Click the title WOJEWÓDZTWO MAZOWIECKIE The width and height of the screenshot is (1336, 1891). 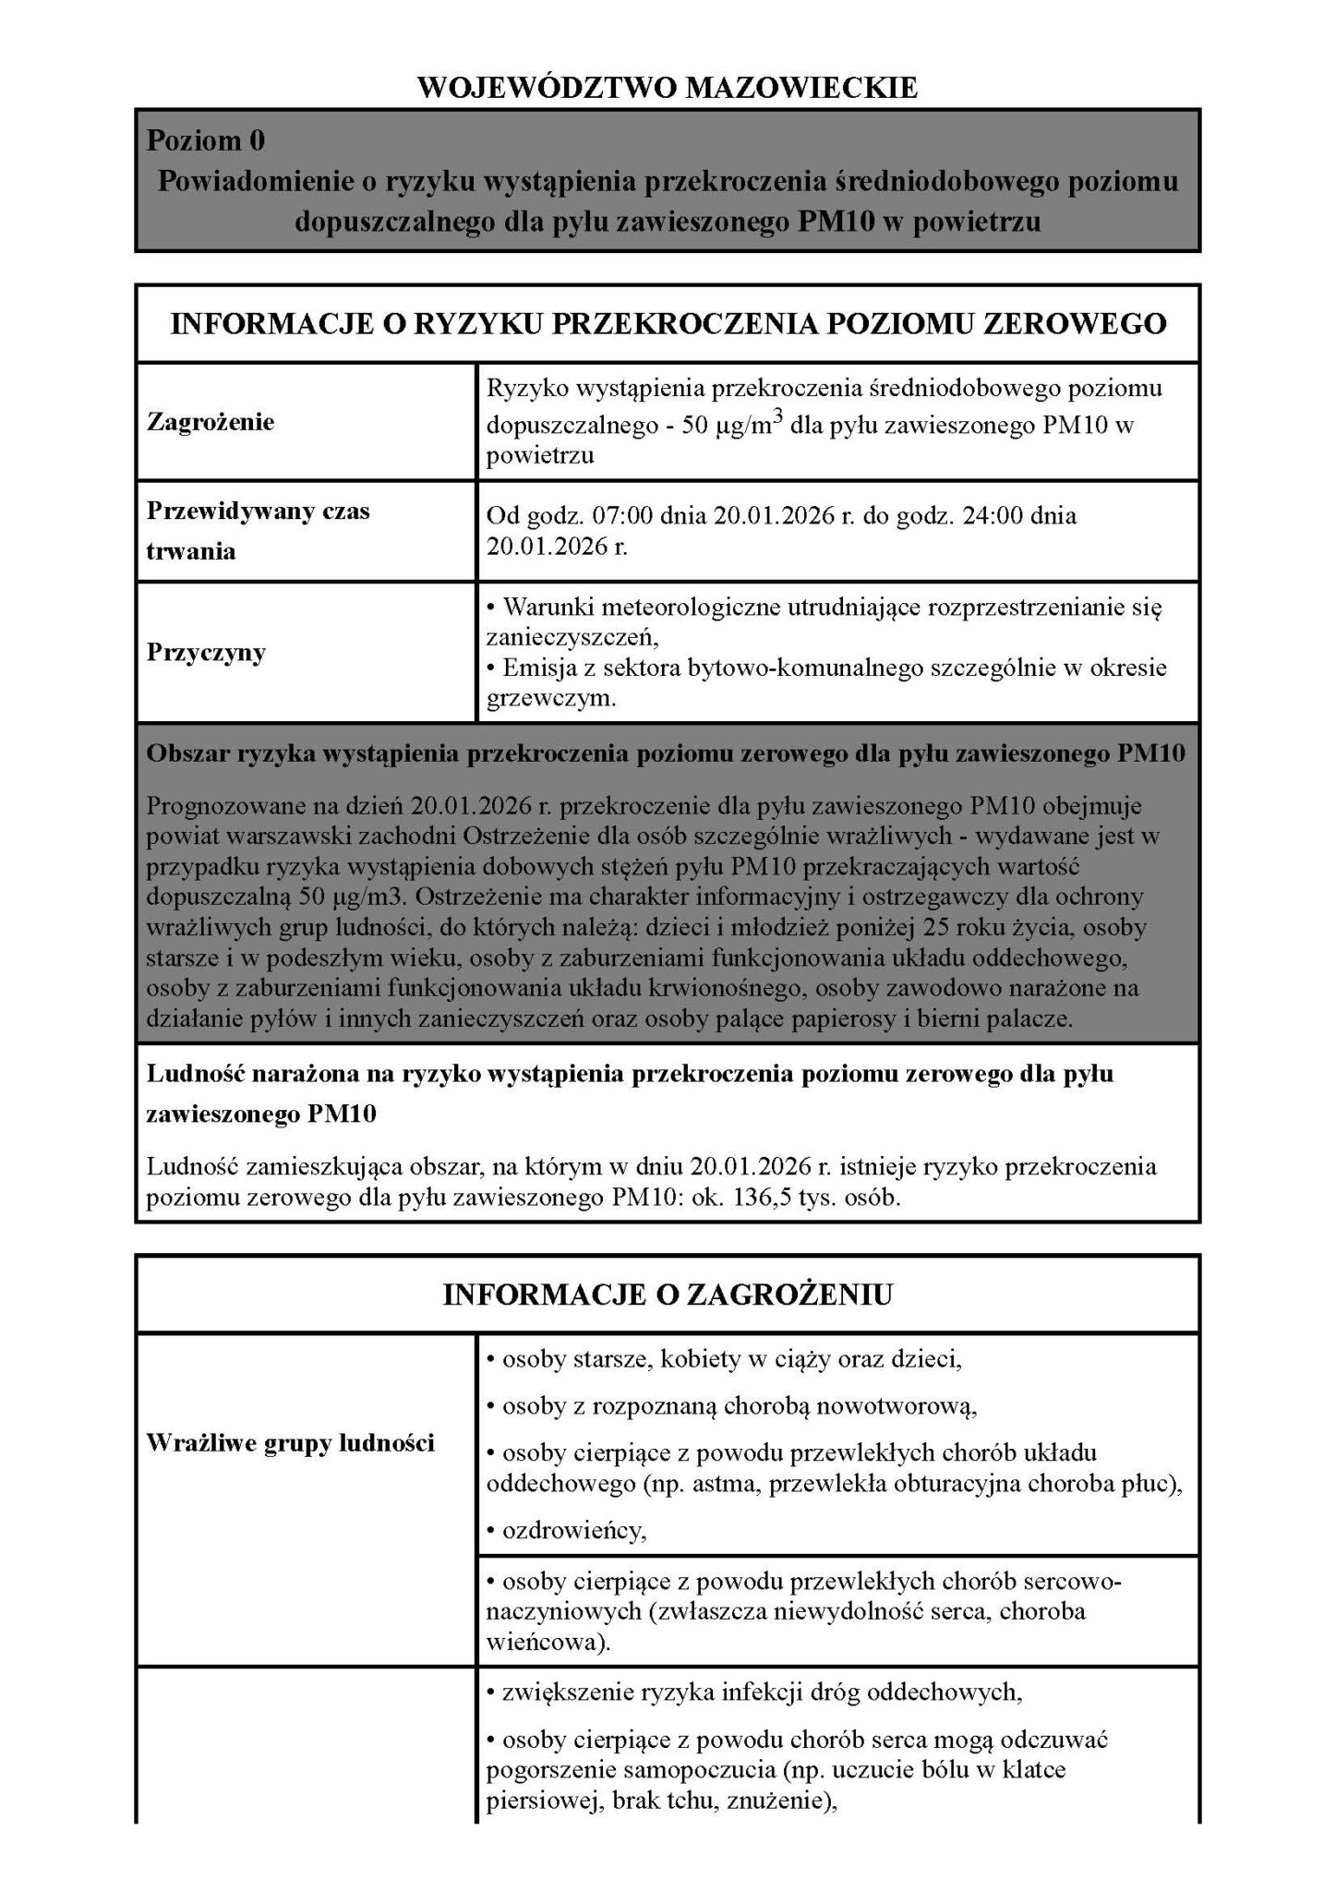(668, 88)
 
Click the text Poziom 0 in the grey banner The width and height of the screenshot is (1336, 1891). (206, 140)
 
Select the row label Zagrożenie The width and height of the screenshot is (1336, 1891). (211, 422)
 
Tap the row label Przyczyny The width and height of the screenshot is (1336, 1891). (206, 652)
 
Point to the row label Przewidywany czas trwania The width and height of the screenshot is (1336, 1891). (258, 531)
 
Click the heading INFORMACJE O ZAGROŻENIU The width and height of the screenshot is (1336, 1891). (668, 1295)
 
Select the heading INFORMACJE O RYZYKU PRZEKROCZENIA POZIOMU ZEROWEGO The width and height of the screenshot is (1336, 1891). (668, 323)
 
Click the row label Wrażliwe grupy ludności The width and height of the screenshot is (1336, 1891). (290, 1443)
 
